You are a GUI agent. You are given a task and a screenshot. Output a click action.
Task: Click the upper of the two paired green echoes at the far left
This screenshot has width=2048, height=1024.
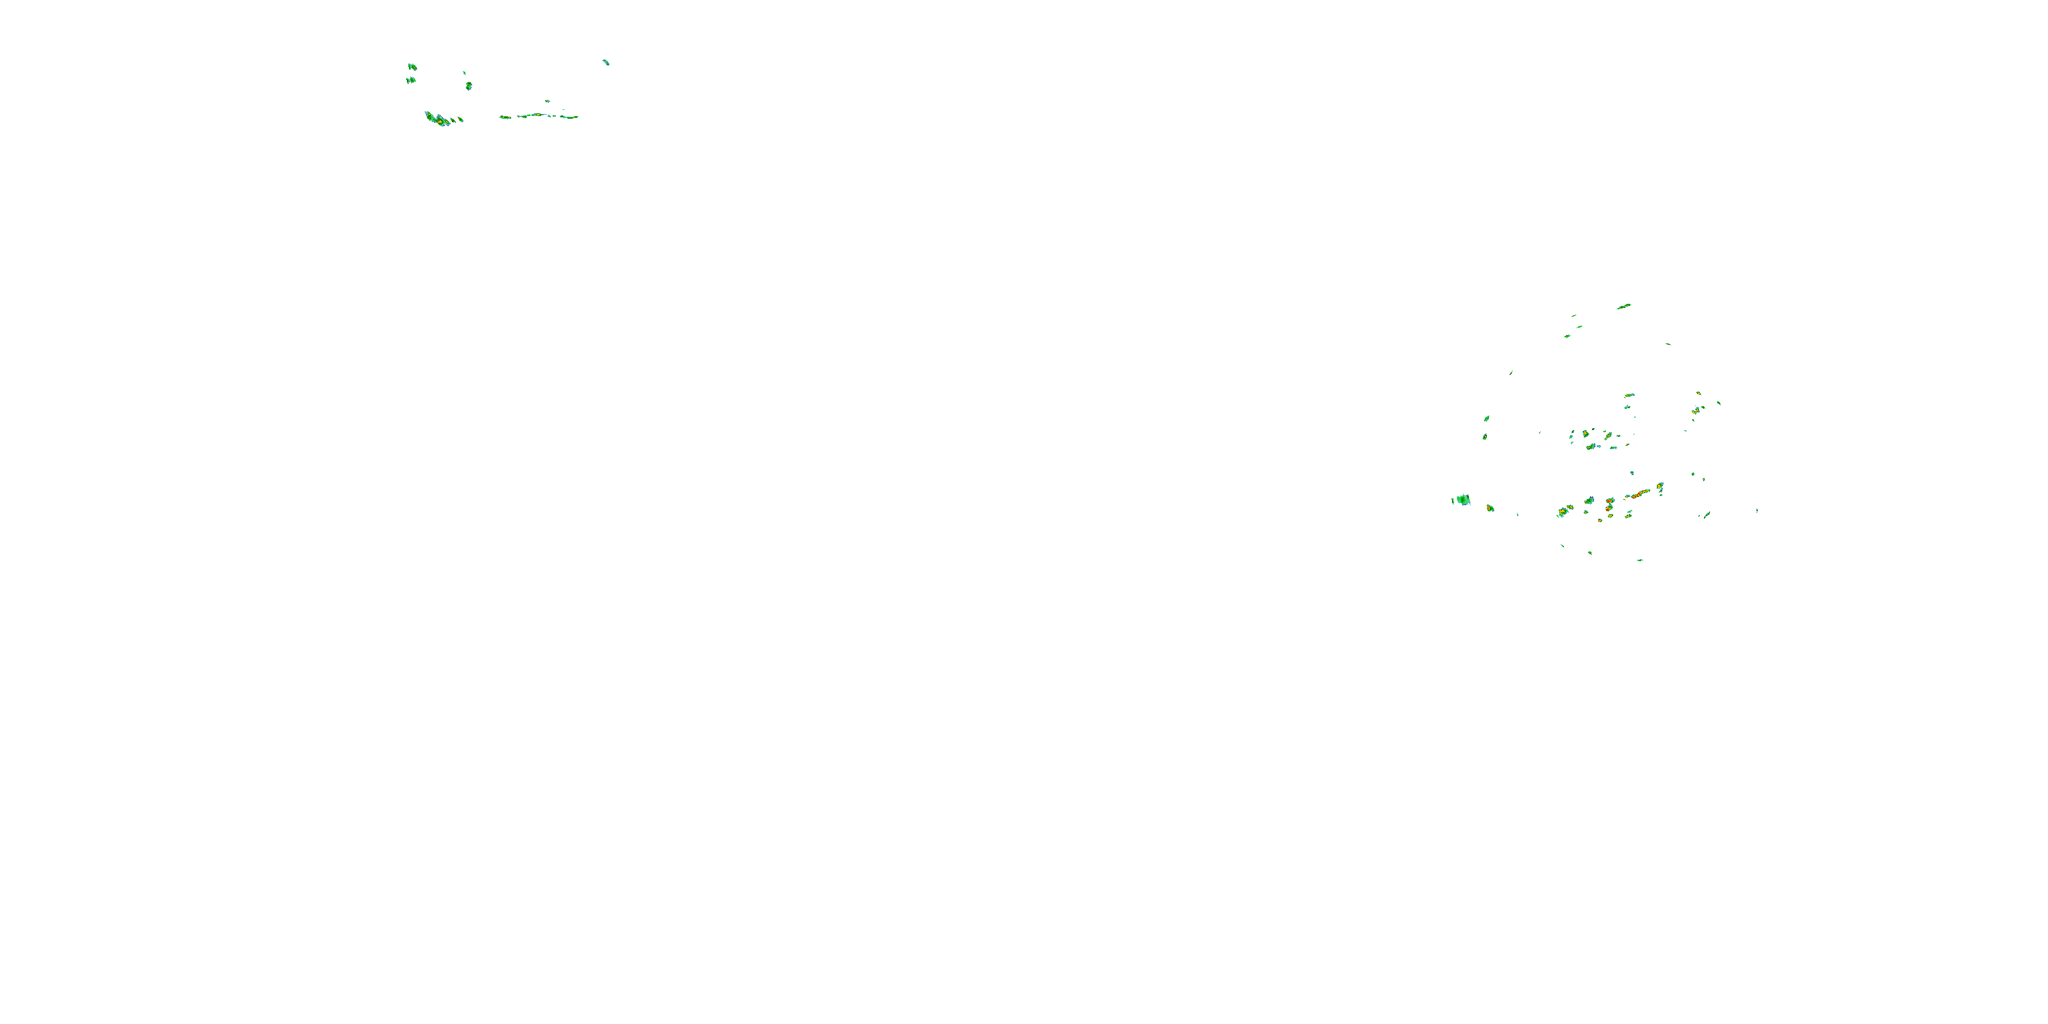[412, 67]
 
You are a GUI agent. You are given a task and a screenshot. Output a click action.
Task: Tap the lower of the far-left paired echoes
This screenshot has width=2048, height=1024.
[411, 79]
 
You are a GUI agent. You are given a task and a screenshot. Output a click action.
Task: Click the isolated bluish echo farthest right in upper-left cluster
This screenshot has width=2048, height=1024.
[606, 61]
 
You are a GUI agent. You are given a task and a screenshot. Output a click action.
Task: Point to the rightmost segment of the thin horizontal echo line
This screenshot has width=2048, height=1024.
[569, 117]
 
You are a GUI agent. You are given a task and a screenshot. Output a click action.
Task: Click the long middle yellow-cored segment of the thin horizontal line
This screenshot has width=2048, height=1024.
[535, 115]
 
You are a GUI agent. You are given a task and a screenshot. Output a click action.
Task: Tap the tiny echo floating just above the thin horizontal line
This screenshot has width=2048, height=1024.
[547, 101]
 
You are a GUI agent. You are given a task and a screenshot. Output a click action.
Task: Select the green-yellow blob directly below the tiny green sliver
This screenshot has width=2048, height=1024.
[469, 85]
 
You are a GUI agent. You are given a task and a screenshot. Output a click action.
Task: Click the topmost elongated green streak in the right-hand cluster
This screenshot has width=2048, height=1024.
[1623, 306]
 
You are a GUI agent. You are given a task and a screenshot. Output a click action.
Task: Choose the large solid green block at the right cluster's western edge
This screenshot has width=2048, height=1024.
[1463, 499]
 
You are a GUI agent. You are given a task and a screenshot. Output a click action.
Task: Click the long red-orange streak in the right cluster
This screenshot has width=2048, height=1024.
[1638, 494]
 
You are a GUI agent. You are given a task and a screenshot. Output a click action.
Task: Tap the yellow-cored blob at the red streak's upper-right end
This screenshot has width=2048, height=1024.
[1660, 486]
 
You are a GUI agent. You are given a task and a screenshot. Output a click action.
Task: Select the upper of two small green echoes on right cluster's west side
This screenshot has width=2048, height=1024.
[1487, 418]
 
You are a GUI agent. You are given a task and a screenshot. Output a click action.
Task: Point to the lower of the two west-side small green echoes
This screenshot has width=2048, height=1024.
[1484, 436]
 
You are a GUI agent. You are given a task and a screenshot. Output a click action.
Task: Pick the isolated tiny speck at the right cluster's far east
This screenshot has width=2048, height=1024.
[1757, 510]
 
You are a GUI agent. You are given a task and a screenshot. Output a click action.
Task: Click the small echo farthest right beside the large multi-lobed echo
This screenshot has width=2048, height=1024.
[460, 119]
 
